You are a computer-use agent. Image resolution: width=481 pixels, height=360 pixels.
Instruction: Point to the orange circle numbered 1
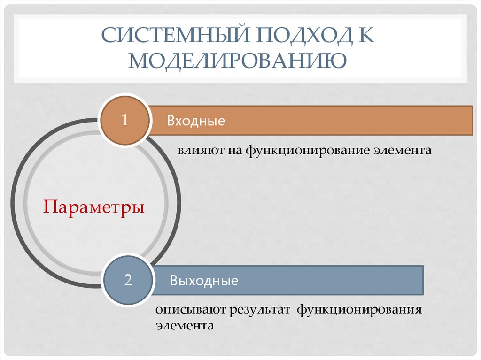coord(125,120)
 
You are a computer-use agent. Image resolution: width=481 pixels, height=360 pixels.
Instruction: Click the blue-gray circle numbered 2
coord(128,281)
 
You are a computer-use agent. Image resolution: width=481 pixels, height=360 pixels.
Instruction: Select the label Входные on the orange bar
coord(196,121)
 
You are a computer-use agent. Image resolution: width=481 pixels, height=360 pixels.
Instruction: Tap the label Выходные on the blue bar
coord(204,281)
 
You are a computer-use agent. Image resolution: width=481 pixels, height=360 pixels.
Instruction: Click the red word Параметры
coord(94,207)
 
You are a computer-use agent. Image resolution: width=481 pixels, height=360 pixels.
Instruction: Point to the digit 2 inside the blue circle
coord(128,281)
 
